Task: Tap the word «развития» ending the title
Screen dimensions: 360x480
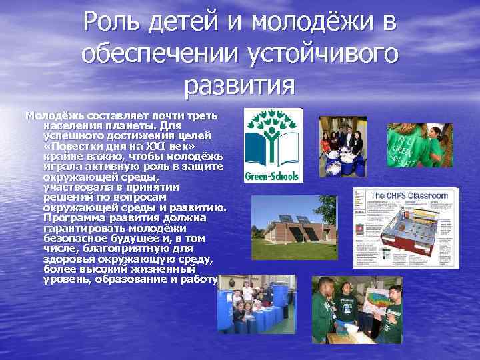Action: [x=239, y=85]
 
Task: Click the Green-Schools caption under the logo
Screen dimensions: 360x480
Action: [x=273, y=176]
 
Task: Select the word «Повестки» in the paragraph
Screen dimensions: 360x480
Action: [x=74, y=146]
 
